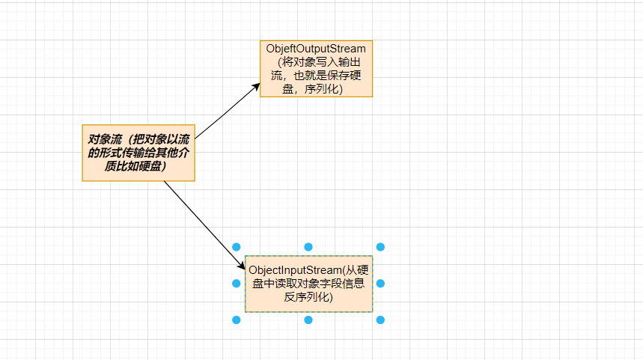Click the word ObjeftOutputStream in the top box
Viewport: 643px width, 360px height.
316,49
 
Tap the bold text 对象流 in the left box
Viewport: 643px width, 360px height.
106,139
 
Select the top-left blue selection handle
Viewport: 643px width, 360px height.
237,247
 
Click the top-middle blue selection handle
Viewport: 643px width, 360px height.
308,247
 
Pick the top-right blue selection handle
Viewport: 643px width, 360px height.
380,247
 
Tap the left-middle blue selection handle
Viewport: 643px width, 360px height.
237,284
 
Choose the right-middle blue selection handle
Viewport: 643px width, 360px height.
380,284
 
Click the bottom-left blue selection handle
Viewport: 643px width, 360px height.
237,320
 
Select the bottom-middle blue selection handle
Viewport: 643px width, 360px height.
308,320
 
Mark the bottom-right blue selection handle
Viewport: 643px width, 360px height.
380,320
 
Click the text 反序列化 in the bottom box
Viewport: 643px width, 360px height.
308,297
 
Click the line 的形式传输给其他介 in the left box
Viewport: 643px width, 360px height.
138,153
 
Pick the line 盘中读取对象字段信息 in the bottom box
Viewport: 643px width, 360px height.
308,284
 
